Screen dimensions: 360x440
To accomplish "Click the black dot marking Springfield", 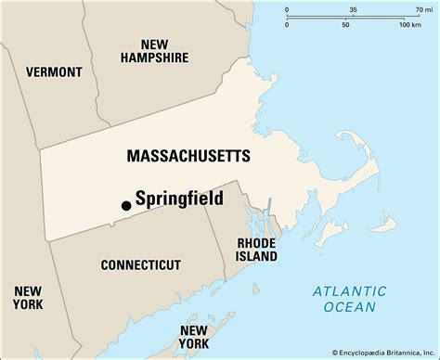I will click(125, 206).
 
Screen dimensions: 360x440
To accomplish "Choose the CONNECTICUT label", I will click(140, 264).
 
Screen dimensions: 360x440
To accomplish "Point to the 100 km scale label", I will click(409, 24).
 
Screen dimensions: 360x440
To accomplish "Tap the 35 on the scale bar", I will click(353, 10).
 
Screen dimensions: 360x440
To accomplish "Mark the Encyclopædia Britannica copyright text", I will click(372, 352).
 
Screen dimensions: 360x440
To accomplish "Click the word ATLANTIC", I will click(344, 290).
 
